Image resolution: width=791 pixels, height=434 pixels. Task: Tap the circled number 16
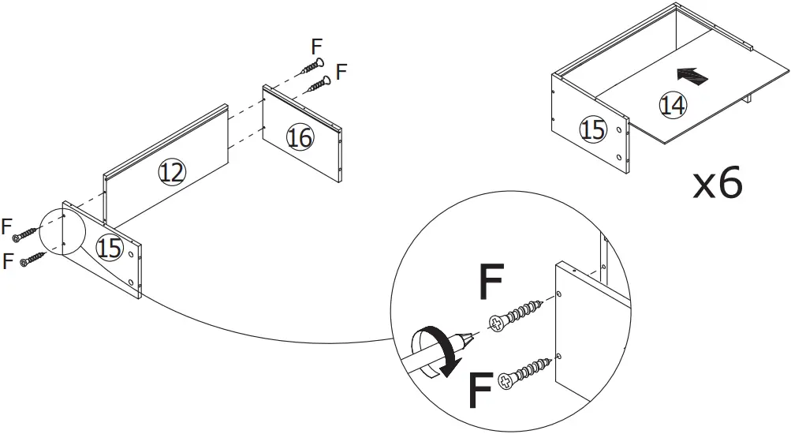coord(299,138)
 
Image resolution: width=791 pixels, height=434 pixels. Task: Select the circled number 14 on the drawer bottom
coord(672,105)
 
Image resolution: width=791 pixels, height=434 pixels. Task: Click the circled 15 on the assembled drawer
coord(592,130)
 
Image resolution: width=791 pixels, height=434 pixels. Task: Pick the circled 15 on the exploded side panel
coord(110,248)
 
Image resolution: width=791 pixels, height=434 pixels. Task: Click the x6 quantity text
coord(717,184)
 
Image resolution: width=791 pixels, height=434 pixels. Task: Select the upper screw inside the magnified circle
coord(517,313)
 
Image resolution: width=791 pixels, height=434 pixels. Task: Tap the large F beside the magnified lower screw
coord(481,391)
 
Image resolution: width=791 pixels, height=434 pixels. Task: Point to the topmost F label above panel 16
coord(317,45)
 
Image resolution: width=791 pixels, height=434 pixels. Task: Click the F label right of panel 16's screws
coord(341,72)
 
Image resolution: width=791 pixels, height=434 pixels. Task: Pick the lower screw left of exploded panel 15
coord(33,259)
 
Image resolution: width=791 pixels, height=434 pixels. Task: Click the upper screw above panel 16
coord(311,67)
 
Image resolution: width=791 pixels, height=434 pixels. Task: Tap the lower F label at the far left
coord(9,260)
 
